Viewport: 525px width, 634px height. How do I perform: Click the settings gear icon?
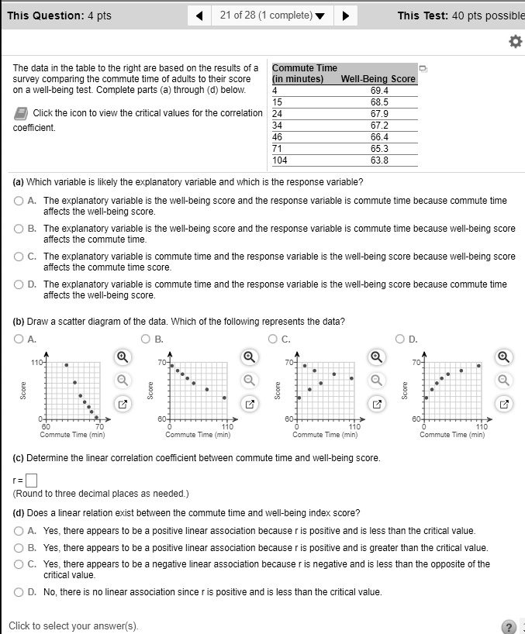[513, 42]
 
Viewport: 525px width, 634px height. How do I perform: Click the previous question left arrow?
[200, 16]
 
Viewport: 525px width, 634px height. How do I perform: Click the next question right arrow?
[345, 16]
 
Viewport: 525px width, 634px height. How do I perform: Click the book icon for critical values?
[20, 114]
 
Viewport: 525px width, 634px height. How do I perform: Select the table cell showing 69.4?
[379, 90]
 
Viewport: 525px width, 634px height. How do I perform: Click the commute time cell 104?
[280, 160]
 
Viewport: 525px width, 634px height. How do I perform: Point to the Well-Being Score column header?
[378, 79]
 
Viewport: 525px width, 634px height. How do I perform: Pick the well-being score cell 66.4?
[379, 137]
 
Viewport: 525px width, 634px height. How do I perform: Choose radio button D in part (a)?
[19, 284]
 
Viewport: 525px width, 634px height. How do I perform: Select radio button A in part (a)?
[19, 201]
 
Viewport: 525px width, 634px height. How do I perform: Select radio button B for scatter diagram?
[146, 338]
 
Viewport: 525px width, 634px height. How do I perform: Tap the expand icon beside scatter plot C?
[377, 404]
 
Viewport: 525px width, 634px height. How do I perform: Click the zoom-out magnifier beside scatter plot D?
[504, 380]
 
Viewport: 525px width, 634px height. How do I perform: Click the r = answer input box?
[32, 479]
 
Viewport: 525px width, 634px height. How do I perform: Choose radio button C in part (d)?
[19, 564]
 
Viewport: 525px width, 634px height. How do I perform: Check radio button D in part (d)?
[19, 592]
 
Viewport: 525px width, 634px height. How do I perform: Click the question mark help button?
[509, 626]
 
